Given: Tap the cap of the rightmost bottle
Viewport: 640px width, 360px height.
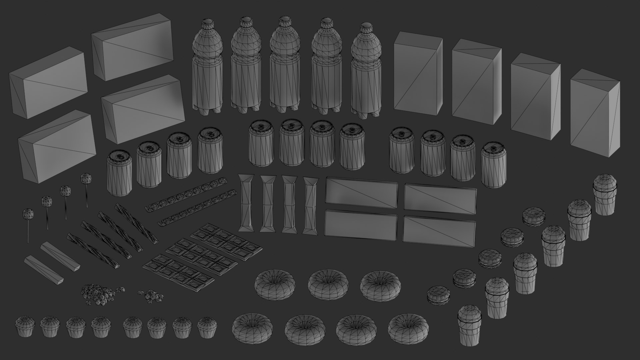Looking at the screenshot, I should click(x=365, y=27).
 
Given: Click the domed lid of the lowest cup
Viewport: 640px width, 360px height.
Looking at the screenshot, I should click(x=470, y=313).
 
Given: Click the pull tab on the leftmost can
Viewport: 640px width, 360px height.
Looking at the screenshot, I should click(x=120, y=156).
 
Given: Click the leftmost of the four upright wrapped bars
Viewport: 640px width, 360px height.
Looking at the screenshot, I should click(x=246, y=203).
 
